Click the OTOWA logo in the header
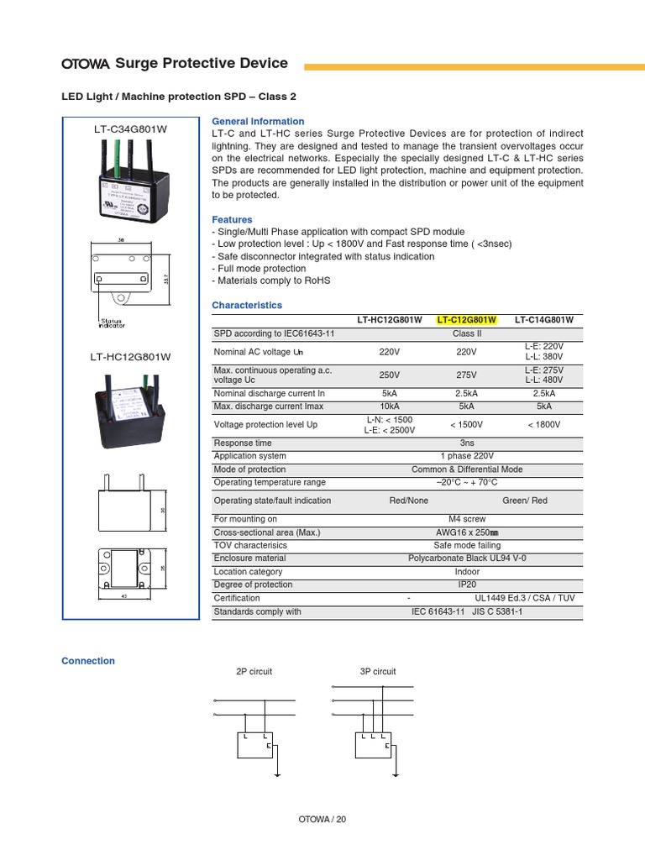pos(86,64)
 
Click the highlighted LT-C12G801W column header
pos(467,320)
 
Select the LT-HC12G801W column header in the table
pos(389,320)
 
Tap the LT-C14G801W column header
pos(543,320)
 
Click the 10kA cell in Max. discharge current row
pos(389,406)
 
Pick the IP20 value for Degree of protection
pos(467,585)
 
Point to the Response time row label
pos(243,443)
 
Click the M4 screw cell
pos(467,519)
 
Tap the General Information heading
pos(258,122)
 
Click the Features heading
pos(232,220)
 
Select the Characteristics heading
pos(247,306)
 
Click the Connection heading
pos(88,661)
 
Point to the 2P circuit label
pos(254,672)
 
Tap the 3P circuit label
pos(377,672)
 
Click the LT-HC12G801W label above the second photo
pos(130,357)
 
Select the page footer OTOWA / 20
pos(322,819)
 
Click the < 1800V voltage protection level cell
pos(543,425)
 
